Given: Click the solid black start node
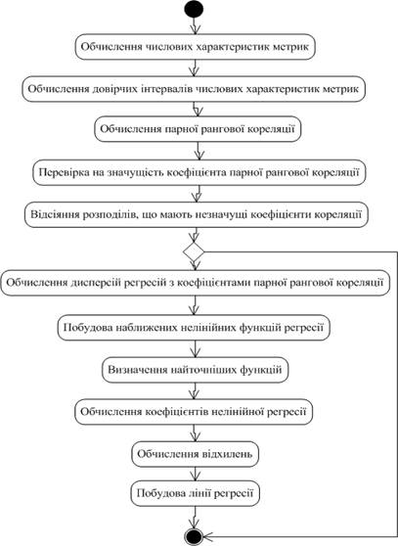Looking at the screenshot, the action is (x=195, y=9).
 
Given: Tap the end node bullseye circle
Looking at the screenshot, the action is (x=194, y=536).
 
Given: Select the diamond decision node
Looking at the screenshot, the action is (x=194, y=251).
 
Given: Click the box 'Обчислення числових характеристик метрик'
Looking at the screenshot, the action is (x=196, y=47).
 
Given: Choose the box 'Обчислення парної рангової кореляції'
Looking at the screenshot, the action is (x=198, y=129).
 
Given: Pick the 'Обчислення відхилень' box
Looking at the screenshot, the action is (x=196, y=454).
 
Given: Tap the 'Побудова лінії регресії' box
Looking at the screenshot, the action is (x=196, y=493).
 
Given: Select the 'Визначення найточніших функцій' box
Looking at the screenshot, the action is (x=196, y=370).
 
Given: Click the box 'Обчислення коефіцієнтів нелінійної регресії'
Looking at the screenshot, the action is (x=194, y=412).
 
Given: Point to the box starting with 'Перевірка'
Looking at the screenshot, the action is (x=199, y=172).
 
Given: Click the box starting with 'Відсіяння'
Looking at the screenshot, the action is (x=197, y=214).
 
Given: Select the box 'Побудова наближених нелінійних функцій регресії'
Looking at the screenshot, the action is (x=194, y=328).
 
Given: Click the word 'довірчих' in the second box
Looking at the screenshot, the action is (x=114, y=89).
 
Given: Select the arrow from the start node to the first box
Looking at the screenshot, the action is (x=195, y=26).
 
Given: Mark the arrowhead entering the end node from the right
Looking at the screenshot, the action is (x=207, y=536).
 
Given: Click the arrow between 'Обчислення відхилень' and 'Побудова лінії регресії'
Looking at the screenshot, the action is (x=195, y=474).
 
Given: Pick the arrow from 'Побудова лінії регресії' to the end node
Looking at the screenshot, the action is (x=195, y=517).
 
